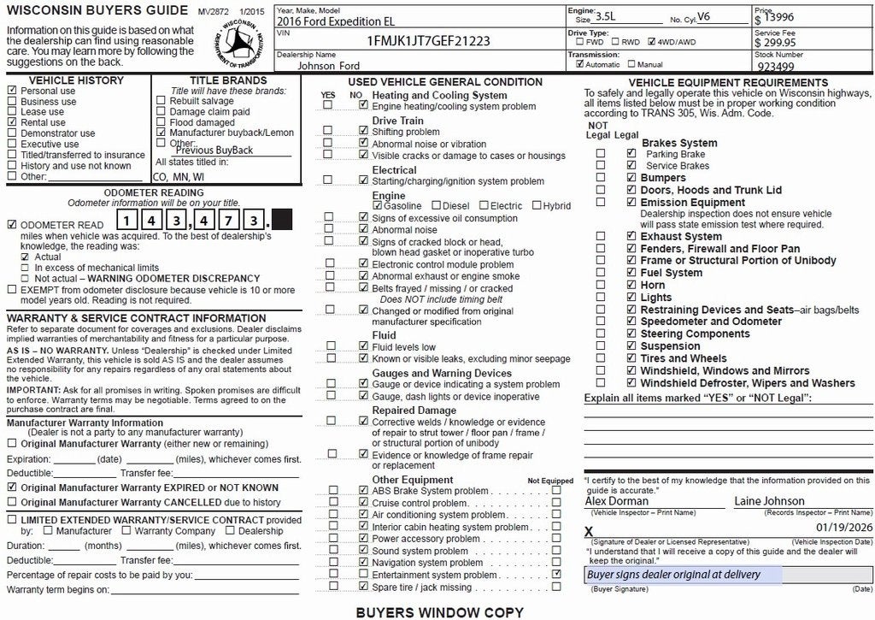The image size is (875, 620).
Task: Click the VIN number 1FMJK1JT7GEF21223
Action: click(428, 40)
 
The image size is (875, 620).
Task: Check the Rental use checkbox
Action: click(12, 122)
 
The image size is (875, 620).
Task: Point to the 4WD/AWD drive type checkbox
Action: click(652, 41)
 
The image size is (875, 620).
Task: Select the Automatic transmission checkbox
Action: click(580, 64)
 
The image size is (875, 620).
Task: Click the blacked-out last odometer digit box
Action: click(282, 219)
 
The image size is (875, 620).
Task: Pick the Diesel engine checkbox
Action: click(437, 206)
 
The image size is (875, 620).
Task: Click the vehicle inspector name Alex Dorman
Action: click(616, 501)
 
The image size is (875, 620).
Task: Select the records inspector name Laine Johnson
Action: click(769, 501)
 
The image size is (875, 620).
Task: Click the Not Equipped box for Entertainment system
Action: click(557, 575)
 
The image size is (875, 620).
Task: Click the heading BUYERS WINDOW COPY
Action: click(439, 612)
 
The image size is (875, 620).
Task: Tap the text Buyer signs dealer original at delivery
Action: click(673, 575)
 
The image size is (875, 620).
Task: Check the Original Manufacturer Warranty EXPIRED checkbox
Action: click(12, 487)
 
